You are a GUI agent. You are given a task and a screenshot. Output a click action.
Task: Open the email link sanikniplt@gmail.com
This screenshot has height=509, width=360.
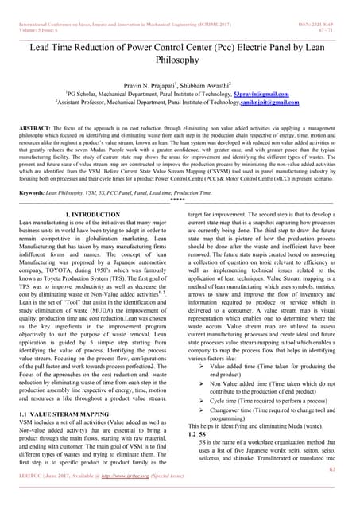(271, 103)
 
